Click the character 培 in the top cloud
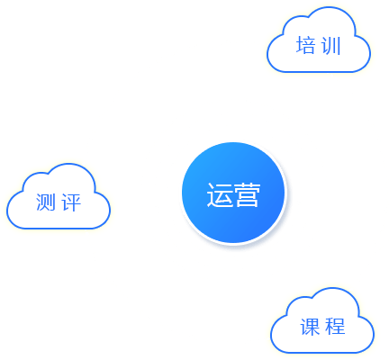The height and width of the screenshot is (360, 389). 305,45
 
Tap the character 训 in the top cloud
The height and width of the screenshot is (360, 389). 331,46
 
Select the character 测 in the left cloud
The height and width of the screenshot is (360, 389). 46,202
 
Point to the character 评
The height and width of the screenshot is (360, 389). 71,202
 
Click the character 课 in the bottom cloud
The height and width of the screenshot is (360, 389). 310,327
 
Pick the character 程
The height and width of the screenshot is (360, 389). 335,327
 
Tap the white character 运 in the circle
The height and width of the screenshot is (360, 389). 220,194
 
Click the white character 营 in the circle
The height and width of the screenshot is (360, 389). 247,194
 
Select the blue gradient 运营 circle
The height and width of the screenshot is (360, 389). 233,193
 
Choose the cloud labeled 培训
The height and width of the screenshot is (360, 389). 319,40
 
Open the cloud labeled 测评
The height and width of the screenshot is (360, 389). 59,196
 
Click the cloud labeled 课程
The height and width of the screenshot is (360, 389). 322,320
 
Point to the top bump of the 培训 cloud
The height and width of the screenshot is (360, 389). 329,7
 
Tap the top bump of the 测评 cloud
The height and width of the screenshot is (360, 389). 68,164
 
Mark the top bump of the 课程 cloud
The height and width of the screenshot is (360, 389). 332,288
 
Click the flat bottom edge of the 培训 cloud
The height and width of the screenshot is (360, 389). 319,72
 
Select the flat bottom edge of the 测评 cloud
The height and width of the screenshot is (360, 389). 59,229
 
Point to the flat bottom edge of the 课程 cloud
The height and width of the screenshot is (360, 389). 322,353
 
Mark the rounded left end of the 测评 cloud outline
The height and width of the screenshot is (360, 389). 7,210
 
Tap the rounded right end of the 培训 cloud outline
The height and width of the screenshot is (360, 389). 370,54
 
